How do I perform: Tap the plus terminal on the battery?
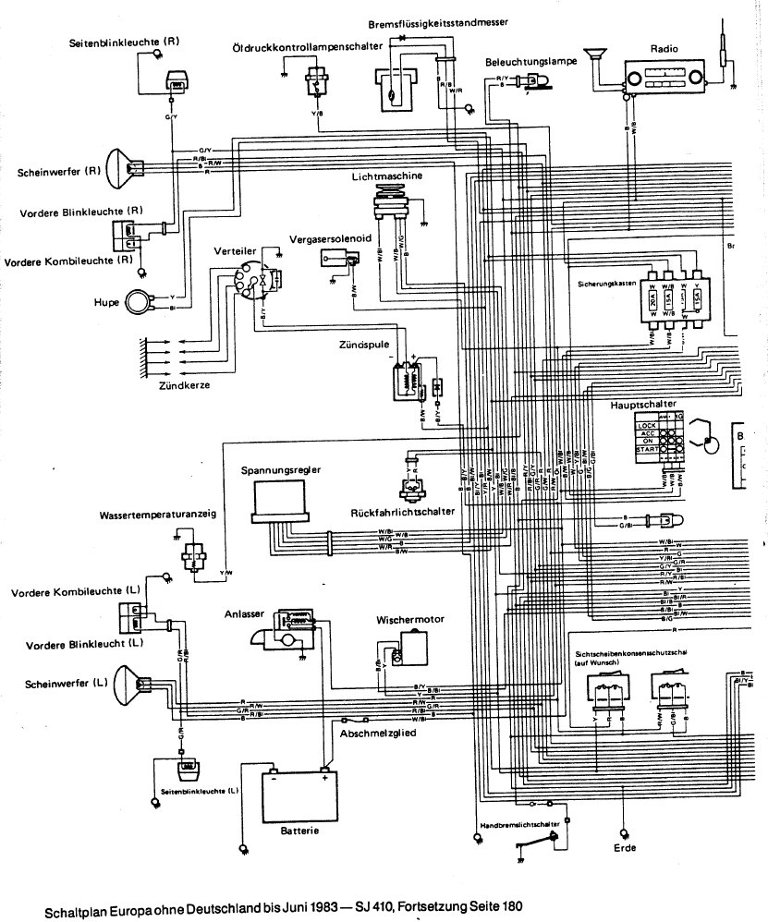(324, 777)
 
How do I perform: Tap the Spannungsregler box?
(284, 500)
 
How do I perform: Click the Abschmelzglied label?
(376, 735)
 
